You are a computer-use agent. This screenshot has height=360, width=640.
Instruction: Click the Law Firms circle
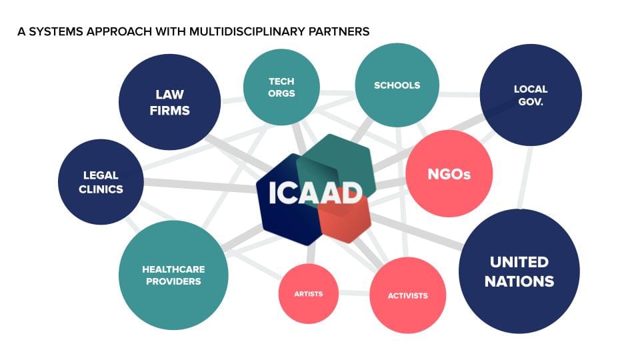tap(169, 102)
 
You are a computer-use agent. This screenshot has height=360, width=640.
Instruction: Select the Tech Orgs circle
tap(281, 87)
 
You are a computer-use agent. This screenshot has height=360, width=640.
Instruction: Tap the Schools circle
tap(397, 85)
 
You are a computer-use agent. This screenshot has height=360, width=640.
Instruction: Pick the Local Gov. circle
tap(531, 95)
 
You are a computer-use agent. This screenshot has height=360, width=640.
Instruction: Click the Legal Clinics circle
tap(101, 182)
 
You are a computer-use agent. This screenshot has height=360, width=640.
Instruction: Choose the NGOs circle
tap(449, 174)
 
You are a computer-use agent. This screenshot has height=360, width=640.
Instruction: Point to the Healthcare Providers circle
tap(173, 275)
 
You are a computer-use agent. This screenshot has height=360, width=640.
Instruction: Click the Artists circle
tap(309, 293)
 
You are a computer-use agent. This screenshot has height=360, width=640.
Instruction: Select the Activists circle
tap(407, 295)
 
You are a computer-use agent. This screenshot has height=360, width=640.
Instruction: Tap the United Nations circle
tap(519, 271)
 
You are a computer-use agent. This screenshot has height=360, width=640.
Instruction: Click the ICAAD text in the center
tap(315, 193)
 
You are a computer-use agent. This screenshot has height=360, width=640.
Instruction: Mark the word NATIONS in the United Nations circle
tap(519, 281)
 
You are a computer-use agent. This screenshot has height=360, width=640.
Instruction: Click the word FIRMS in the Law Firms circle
tap(169, 111)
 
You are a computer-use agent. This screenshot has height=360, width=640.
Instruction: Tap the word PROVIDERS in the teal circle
tap(173, 281)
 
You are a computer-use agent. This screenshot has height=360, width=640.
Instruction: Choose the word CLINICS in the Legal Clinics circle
tap(101, 189)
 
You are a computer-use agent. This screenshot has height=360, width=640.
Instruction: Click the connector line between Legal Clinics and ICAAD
tap(200, 184)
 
